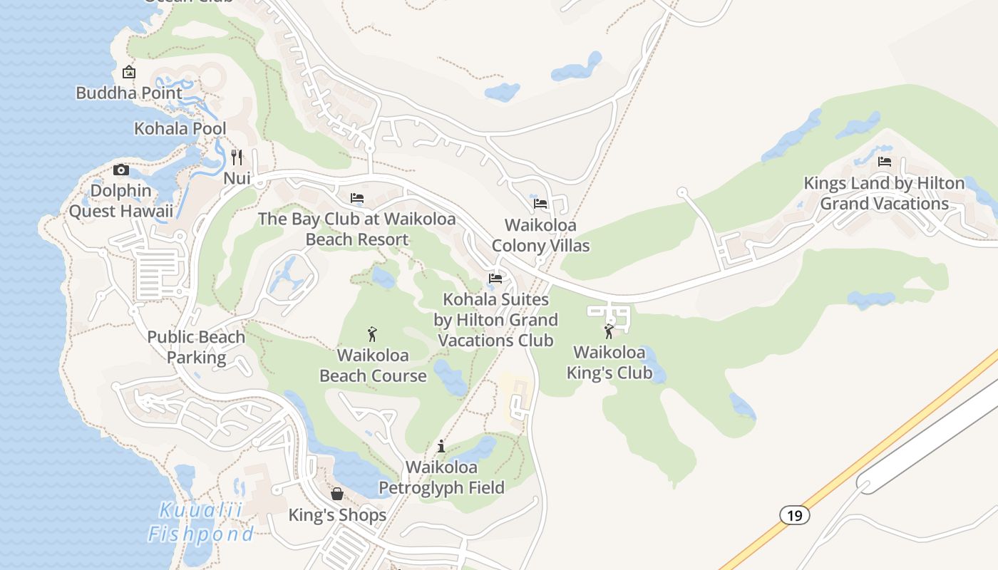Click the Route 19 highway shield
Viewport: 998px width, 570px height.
pos(794,515)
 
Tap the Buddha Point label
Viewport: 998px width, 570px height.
pos(129,93)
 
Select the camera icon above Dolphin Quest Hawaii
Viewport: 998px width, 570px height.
pos(121,170)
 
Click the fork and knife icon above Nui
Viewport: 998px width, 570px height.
pos(237,157)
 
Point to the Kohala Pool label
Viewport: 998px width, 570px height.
pos(180,128)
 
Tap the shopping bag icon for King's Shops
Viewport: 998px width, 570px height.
pos(336,494)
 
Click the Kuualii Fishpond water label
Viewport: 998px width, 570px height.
pos(200,522)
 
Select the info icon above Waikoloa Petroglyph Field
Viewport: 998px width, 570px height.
pos(441,447)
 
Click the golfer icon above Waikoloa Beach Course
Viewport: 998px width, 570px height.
pos(371,334)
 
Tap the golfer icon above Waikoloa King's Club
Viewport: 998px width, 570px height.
pos(609,331)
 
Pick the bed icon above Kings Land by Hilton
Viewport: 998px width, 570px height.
pos(885,162)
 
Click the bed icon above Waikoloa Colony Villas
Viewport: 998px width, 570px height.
pos(540,204)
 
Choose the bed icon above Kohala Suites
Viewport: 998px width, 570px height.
pos(495,278)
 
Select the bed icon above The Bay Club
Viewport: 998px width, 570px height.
pos(357,197)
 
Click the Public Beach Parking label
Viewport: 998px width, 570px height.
pos(196,347)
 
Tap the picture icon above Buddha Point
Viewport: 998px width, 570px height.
pos(129,72)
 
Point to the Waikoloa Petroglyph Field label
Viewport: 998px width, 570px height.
pos(441,477)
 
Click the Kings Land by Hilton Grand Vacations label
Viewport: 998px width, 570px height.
pos(884,193)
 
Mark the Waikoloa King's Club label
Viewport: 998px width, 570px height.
pos(609,362)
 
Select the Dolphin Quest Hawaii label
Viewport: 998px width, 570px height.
pos(121,201)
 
